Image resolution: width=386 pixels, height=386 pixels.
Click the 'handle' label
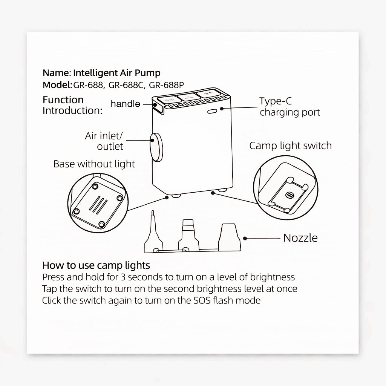pyautogui.click(x=125, y=104)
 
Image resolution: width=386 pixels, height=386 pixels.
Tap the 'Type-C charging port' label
pyautogui.click(x=290, y=107)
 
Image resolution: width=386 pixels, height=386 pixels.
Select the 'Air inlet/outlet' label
pyautogui.click(x=104, y=141)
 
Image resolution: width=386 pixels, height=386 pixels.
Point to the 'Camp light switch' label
pyautogui.click(x=291, y=146)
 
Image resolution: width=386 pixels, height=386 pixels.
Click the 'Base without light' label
pyautogui.click(x=94, y=164)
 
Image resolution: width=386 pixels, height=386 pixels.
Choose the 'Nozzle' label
pyautogui.click(x=300, y=238)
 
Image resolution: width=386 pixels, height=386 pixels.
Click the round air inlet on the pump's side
pyautogui.click(x=156, y=147)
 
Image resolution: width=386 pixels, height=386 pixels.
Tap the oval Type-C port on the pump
pyautogui.click(x=212, y=112)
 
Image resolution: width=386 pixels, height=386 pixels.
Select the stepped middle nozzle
pyautogui.click(x=188, y=235)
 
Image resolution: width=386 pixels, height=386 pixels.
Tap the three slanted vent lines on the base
pyautogui.click(x=98, y=205)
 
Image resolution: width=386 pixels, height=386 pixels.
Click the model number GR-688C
pyautogui.click(x=126, y=85)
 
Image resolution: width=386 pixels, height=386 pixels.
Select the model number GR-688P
pyautogui.click(x=166, y=85)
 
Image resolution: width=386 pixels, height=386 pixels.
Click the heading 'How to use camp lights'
pyautogui.click(x=96, y=265)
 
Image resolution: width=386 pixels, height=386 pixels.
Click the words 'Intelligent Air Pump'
pyautogui.click(x=117, y=73)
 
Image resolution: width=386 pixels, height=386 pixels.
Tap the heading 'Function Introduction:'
pyautogui.click(x=72, y=105)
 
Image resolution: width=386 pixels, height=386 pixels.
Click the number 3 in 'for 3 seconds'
pyautogui.click(x=123, y=277)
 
